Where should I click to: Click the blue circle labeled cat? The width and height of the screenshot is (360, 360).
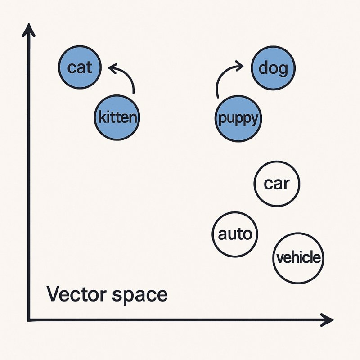pos(80,67)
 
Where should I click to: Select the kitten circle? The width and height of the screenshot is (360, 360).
pos(117,117)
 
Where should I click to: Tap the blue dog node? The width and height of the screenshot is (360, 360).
pos(273,68)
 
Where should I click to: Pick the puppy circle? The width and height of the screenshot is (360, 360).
pos(238,118)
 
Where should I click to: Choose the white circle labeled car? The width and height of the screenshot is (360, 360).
pos(277,184)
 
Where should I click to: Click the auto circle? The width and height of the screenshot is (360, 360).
pos(235,234)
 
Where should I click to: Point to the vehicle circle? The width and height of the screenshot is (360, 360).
pos(298,258)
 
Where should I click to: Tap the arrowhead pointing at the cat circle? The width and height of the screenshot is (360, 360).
pos(112,68)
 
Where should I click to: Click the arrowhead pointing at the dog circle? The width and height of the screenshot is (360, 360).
pos(240,66)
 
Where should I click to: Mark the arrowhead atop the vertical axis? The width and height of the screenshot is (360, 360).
pos(29,30)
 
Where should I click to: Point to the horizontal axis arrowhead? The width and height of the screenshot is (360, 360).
pos(327,319)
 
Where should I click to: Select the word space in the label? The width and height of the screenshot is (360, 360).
pos(140,296)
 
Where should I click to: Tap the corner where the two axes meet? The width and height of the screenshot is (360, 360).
pos(29,319)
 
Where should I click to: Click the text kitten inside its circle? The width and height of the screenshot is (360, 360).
pos(117,117)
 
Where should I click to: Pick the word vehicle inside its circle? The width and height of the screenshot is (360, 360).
pos(298,257)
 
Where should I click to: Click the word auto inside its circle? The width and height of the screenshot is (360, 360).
pos(235,234)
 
